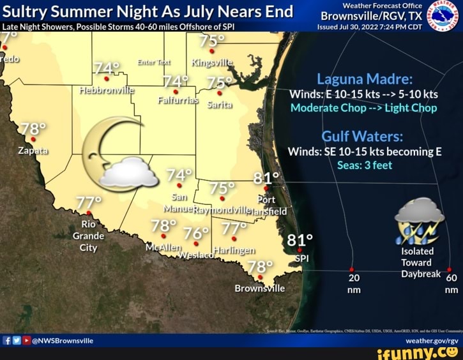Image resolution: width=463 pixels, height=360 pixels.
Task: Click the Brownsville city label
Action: [259, 288]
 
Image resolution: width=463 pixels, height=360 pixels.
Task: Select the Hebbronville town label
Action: [106, 91]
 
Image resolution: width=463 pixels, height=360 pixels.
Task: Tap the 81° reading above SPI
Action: [300, 240]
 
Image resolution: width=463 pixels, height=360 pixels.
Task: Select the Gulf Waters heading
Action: [362, 137]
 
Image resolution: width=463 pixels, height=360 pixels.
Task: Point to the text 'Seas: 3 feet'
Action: [365, 166]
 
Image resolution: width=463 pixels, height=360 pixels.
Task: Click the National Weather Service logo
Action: [446, 15]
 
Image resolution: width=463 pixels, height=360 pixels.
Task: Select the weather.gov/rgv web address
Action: [432, 341]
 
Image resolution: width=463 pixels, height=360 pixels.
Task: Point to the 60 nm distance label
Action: [451, 283]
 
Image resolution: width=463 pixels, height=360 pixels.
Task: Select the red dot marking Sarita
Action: [220, 93]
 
